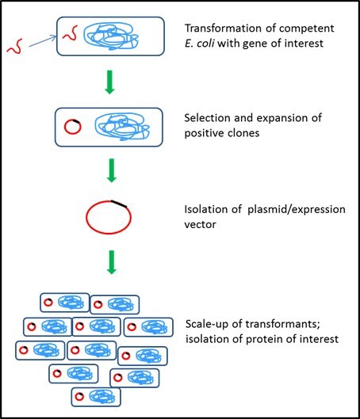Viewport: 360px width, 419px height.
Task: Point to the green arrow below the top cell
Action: click(111, 83)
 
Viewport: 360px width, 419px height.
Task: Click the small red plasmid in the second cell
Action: click(71, 125)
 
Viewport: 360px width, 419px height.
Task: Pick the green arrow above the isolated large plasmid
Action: click(111, 170)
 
